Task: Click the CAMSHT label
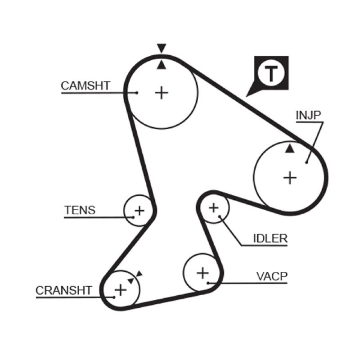click(x=85, y=85)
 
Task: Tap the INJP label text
click(x=308, y=115)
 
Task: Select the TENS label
click(x=80, y=210)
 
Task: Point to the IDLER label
click(x=270, y=238)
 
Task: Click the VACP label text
click(x=272, y=276)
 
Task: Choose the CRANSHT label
click(x=64, y=290)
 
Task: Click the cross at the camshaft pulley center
click(x=161, y=93)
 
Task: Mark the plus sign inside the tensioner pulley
click(x=139, y=210)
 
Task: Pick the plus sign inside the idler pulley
click(x=213, y=207)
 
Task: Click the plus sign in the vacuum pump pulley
click(x=203, y=272)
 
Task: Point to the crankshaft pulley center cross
click(x=120, y=289)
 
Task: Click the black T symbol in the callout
click(x=271, y=73)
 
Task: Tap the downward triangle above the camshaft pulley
click(x=162, y=48)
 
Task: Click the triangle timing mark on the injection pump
click(x=290, y=148)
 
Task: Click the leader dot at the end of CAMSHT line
click(x=136, y=93)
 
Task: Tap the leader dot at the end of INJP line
click(x=306, y=162)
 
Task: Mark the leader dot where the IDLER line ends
click(x=220, y=216)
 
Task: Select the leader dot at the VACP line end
click(x=208, y=283)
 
